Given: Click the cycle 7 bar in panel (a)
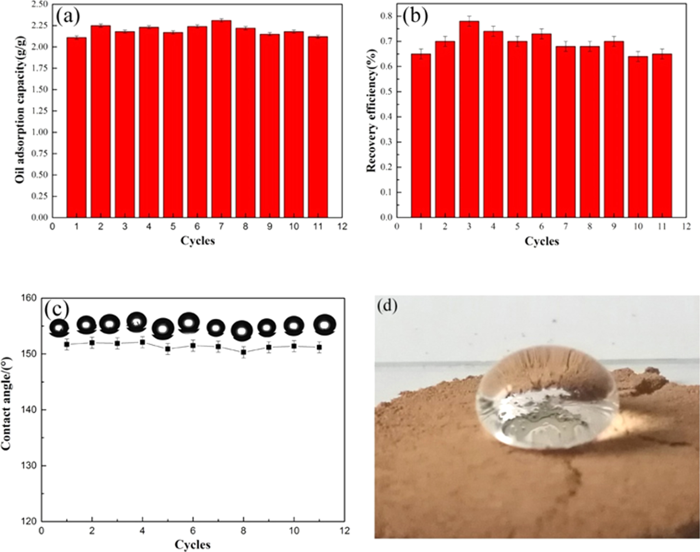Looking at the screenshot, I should point(221,118).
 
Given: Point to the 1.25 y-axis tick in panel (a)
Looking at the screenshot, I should point(41,111).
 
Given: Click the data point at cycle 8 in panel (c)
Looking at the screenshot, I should point(243,352).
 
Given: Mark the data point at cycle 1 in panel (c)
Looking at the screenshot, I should point(67,344).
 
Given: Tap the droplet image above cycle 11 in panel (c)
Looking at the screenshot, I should point(325,325).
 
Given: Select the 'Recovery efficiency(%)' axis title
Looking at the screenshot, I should point(371,110).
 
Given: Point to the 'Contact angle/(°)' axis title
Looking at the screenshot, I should point(7,409).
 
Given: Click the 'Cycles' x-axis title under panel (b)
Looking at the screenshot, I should point(542,242).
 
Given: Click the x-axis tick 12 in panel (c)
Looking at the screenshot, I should point(344,531).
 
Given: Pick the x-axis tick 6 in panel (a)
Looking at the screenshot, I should point(197,227).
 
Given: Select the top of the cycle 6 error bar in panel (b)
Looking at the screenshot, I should point(541,29).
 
